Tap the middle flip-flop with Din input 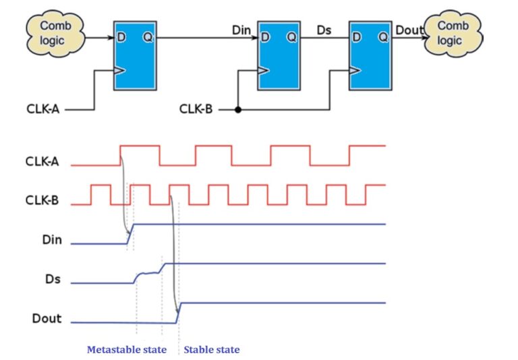click(278, 55)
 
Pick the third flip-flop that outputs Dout click(370, 55)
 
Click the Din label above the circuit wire click(241, 30)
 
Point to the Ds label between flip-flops click(324, 30)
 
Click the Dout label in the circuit click(408, 30)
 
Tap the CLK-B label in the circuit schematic click(196, 109)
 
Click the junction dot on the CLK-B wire click(237, 109)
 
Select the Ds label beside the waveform click(53, 278)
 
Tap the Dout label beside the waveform click(47, 318)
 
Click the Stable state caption click(212, 350)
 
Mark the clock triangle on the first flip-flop click(119, 69)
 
